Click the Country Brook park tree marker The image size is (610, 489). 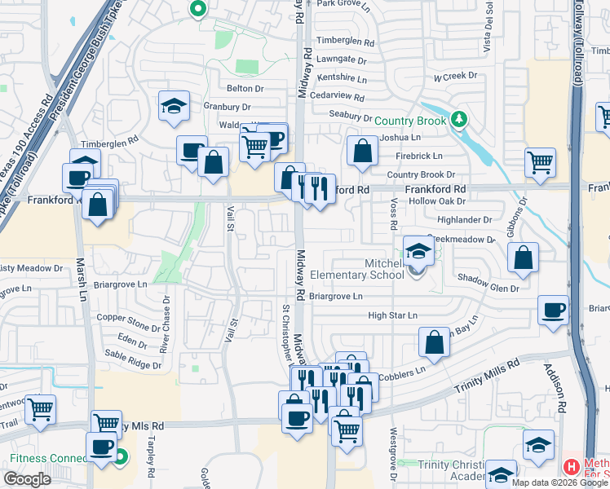click(x=459, y=120)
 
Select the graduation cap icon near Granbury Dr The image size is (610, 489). click(x=173, y=107)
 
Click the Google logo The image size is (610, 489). click(x=27, y=479)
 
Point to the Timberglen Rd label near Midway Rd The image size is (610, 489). click(x=345, y=42)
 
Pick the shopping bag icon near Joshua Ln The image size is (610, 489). click(x=361, y=151)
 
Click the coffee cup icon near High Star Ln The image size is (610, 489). click(x=553, y=311)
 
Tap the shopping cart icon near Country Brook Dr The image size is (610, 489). click(x=540, y=162)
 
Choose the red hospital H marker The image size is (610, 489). click(x=572, y=467)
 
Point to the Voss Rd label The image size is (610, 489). click(x=393, y=214)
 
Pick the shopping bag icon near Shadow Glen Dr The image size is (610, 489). click(x=523, y=258)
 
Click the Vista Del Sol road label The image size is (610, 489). click(x=488, y=28)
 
